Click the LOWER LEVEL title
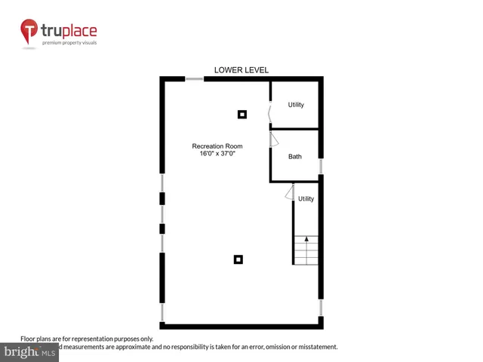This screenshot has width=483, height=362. tap(241, 70)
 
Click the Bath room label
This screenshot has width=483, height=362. tap(295, 157)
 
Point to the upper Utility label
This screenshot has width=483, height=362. tap(296, 105)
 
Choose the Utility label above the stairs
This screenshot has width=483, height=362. tap(306, 199)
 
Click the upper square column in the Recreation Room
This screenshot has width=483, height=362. tap(242, 115)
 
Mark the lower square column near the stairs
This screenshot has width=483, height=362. tap(238, 259)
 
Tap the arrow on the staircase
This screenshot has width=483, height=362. tap(306, 240)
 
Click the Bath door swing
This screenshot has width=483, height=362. tap(275, 140)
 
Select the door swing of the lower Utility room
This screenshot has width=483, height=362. tap(290, 193)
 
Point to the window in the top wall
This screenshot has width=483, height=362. tap(195, 78)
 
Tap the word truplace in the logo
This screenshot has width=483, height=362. tap(69, 32)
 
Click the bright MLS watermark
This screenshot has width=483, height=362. tap(30, 352)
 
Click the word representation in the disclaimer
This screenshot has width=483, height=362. tap(94, 339)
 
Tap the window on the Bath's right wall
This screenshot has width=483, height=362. tap(321, 166)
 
